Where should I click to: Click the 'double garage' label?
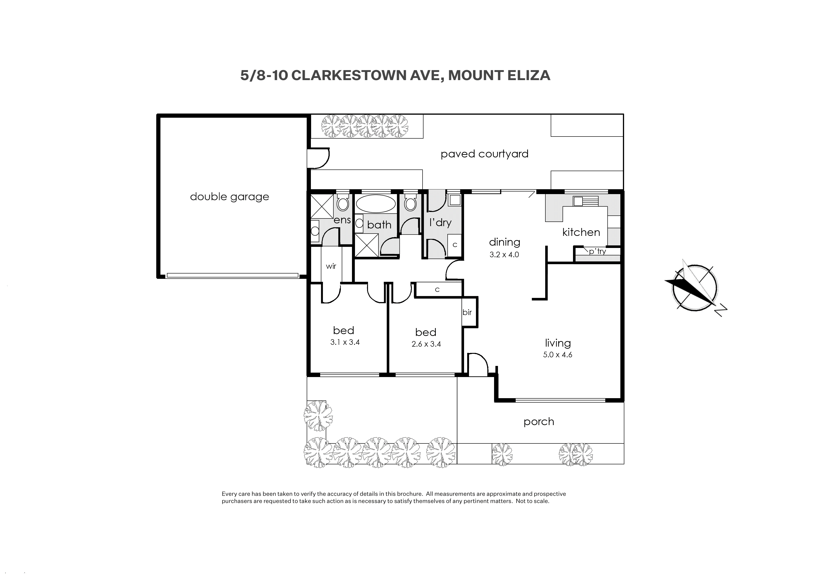(x=229, y=197)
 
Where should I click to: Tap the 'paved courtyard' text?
(x=485, y=154)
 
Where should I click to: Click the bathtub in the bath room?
(x=376, y=204)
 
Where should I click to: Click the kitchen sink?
(x=586, y=201)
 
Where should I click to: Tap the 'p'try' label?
(x=597, y=251)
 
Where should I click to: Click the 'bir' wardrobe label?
(x=467, y=312)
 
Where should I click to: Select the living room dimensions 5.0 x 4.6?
(x=557, y=355)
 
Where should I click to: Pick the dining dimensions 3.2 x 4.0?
(x=504, y=255)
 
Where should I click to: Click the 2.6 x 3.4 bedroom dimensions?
(x=426, y=344)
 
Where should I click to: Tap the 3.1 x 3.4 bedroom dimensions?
(x=345, y=342)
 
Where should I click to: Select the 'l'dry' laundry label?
(x=440, y=222)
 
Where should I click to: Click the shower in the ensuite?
(x=322, y=206)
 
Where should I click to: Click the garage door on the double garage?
(x=232, y=275)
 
